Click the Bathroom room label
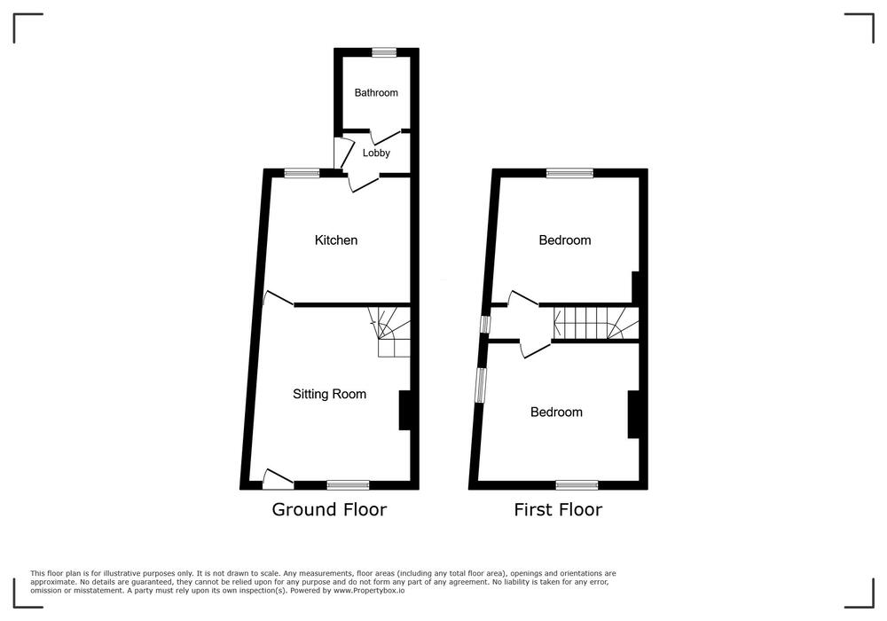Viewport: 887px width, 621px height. click(x=376, y=93)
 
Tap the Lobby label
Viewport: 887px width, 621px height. click(x=376, y=153)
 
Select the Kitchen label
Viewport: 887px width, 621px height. click(x=336, y=240)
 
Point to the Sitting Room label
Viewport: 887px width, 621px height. click(x=329, y=394)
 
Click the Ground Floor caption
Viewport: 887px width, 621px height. click(x=329, y=509)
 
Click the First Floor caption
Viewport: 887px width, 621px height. click(x=558, y=509)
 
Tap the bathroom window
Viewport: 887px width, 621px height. click(x=385, y=52)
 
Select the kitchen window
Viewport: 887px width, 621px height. click(x=302, y=173)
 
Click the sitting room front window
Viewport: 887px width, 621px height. click(x=348, y=484)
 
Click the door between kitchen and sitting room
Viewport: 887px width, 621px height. click(x=279, y=299)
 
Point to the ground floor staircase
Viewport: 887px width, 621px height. click(x=389, y=332)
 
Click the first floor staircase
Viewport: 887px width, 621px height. click(x=596, y=324)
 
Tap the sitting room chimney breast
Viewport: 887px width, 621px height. click(x=405, y=410)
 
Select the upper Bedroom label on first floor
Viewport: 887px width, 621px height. click(x=564, y=240)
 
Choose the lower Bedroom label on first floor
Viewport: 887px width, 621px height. click(x=556, y=413)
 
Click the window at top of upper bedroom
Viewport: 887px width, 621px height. click(x=569, y=173)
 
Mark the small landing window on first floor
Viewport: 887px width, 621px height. click(x=485, y=325)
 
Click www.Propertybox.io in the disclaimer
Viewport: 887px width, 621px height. click(x=369, y=591)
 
